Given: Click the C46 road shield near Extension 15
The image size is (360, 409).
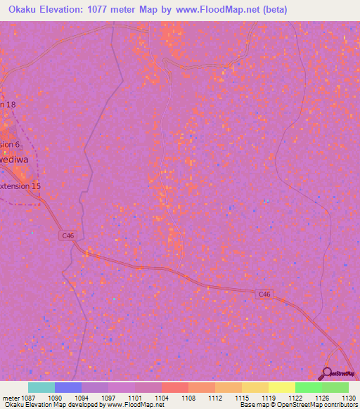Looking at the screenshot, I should (x=67, y=236).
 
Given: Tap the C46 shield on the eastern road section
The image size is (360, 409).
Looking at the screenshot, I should (x=264, y=294).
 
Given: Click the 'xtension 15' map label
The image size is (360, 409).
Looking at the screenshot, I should (x=21, y=186).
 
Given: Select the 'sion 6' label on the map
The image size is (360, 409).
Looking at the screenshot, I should (x=11, y=144).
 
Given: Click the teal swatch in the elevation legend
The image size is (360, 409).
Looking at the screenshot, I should (x=41, y=387).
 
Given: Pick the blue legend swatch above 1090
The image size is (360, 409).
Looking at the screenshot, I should (x=68, y=387).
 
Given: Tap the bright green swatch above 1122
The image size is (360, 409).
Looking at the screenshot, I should (x=308, y=387).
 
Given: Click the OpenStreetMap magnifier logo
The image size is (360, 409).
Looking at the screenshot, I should (x=326, y=372).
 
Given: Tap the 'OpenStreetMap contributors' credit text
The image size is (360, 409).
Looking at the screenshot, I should (x=316, y=405).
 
